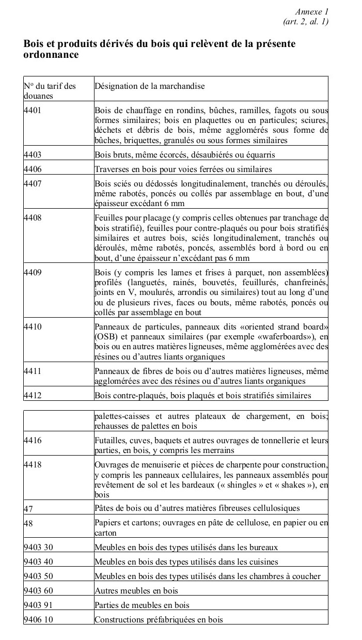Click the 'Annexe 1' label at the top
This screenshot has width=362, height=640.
[x=311, y=11]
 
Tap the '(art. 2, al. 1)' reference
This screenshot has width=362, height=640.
[x=306, y=21]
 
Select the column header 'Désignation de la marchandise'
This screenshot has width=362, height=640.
[x=149, y=86]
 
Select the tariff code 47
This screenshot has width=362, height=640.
[x=28, y=509]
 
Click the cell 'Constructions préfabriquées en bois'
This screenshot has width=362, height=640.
[x=159, y=619]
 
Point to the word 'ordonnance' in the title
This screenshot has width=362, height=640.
[x=51, y=55]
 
